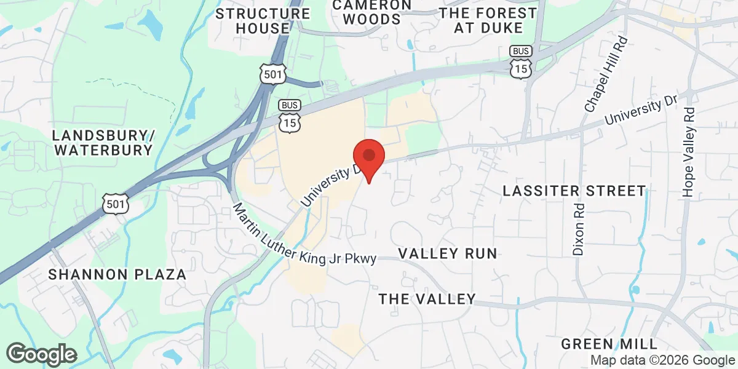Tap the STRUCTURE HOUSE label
pyautogui.click(x=263, y=21)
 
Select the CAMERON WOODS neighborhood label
pyautogui.click(x=372, y=12)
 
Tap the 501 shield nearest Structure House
pyautogui.click(x=272, y=74)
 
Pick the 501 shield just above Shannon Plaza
pyautogui.click(x=116, y=204)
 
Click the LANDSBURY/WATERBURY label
pyautogui.click(x=102, y=142)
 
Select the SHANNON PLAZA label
pyautogui.click(x=117, y=274)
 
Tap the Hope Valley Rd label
pyautogui.click(x=689, y=153)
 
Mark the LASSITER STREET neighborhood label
pyautogui.click(x=574, y=191)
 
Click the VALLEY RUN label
pyautogui.click(x=447, y=253)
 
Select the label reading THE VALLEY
pyautogui.click(x=427, y=300)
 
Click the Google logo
pyautogui.click(x=41, y=354)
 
